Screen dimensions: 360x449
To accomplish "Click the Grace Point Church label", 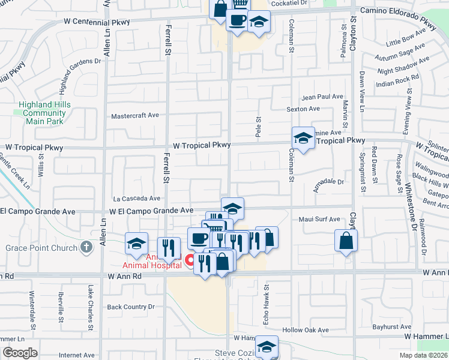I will click(x=40, y=247).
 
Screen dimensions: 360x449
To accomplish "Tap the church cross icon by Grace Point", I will click(x=86, y=247).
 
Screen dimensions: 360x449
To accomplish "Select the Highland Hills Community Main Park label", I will click(x=44, y=112).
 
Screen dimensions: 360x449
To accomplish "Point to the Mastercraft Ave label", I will click(x=135, y=116).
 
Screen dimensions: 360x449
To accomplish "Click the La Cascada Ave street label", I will click(x=137, y=198).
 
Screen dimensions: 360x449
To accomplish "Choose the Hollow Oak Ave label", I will click(x=306, y=330).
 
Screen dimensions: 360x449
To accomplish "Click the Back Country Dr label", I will click(x=131, y=307).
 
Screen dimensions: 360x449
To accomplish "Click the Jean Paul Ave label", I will click(x=322, y=97).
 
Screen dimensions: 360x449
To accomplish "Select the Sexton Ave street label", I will click(x=303, y=109).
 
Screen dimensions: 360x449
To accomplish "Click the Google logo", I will click(x=20, y=353).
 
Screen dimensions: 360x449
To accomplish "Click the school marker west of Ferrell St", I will click(x=136, y=244).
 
